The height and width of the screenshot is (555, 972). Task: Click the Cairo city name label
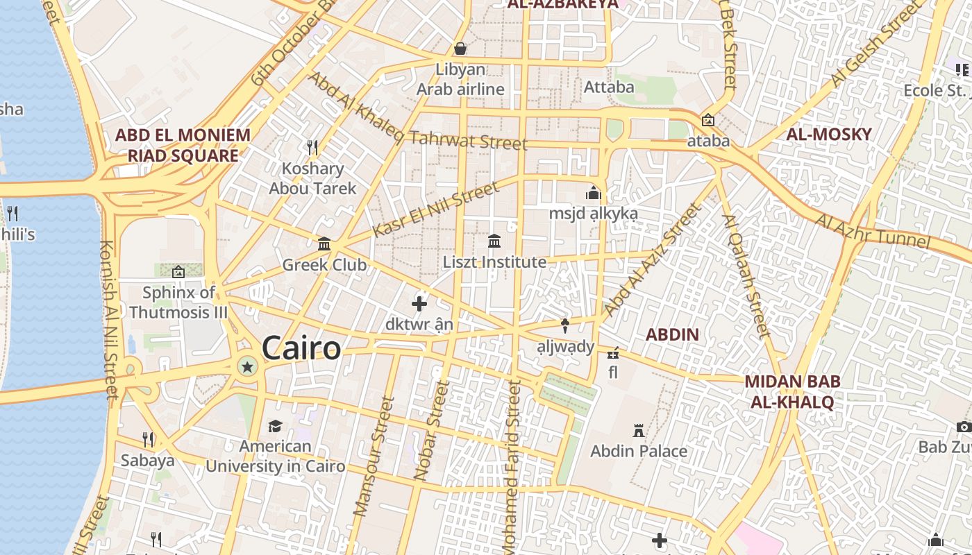(301, 348)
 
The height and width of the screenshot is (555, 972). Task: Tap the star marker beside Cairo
(246, 366)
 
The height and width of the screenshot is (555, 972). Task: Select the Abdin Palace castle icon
(639, 431)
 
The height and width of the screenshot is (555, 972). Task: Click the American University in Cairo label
(276, 456)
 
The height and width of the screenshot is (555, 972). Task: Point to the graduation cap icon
(276, 426)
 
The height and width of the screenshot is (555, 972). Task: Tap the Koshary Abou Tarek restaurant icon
(312, 147)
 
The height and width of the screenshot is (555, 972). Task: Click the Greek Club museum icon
(324, 244)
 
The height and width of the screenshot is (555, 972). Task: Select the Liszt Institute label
(494, 262)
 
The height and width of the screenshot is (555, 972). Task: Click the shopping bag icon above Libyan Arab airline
(460, 49)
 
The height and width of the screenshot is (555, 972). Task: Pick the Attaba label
(609, 87)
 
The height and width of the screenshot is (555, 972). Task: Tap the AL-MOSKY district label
(828, 135)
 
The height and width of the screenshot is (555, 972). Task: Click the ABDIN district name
(672, 334)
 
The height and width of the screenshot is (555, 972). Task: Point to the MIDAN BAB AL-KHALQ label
(792, 391)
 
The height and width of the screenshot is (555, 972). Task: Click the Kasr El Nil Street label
(435, 209)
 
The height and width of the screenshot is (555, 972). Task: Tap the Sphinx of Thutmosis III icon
(178, 272)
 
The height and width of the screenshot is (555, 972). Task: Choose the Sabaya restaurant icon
(147, 439)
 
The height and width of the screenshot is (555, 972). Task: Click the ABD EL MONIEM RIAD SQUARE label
(183, 145)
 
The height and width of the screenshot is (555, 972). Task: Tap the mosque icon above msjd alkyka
(593, 193)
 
